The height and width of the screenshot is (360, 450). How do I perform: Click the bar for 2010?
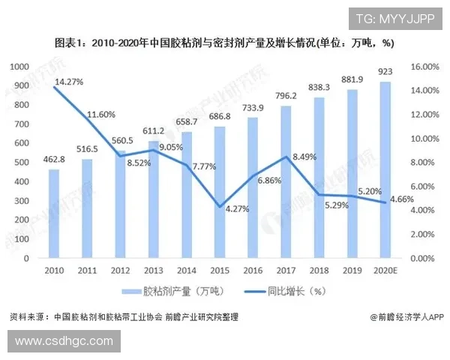point(53,214)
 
